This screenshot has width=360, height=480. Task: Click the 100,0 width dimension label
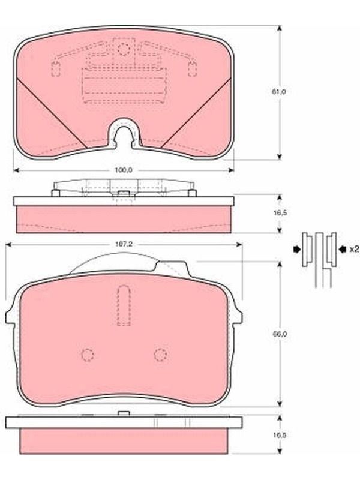124,170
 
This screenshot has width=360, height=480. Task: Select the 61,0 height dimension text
278,91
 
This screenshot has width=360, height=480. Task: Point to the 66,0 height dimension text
280,334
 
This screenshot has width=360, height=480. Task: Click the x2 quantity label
354,249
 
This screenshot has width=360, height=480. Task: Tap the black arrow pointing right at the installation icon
297,250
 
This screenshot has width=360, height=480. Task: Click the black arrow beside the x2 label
343,250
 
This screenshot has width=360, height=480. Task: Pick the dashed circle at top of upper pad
124,49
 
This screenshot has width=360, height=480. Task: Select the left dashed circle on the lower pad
88,355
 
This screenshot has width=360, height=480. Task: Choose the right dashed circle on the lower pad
160,355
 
